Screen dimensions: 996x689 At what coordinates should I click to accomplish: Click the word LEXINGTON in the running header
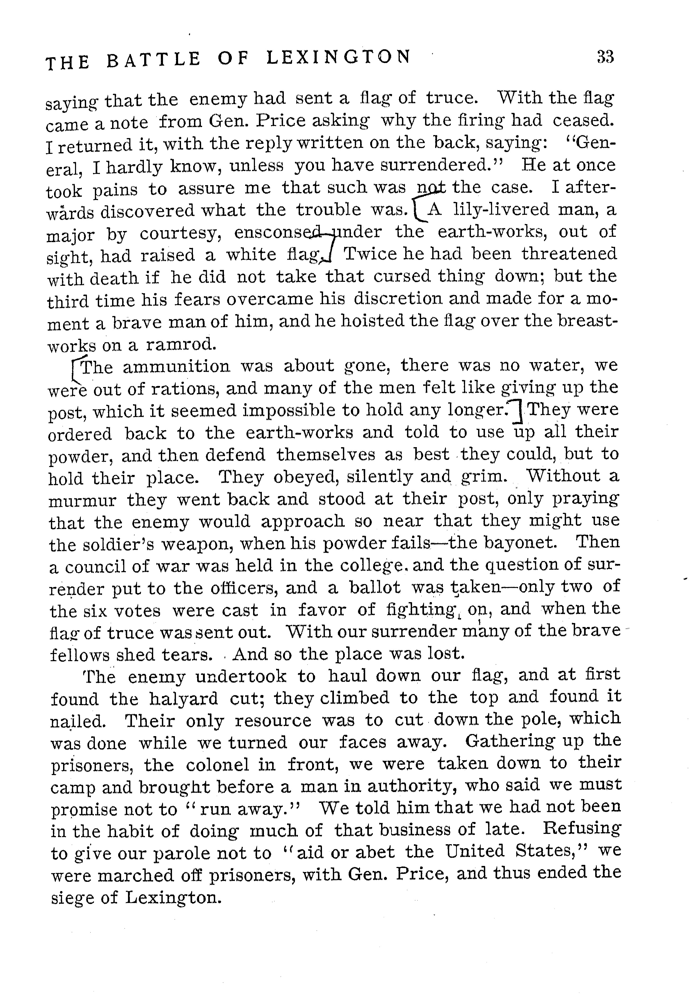pyautogui.click(x=339, y=57)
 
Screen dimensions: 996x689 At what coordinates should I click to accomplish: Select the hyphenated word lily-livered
pyautogui.click(x=501, y=210)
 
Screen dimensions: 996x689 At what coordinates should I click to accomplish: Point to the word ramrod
pyautogui.click(x=180, y=344)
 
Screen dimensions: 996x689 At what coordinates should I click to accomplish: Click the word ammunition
pyautogui.click(x=176, y=366)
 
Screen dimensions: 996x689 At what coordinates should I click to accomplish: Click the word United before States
pyautogui.click(x=475, y=851)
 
